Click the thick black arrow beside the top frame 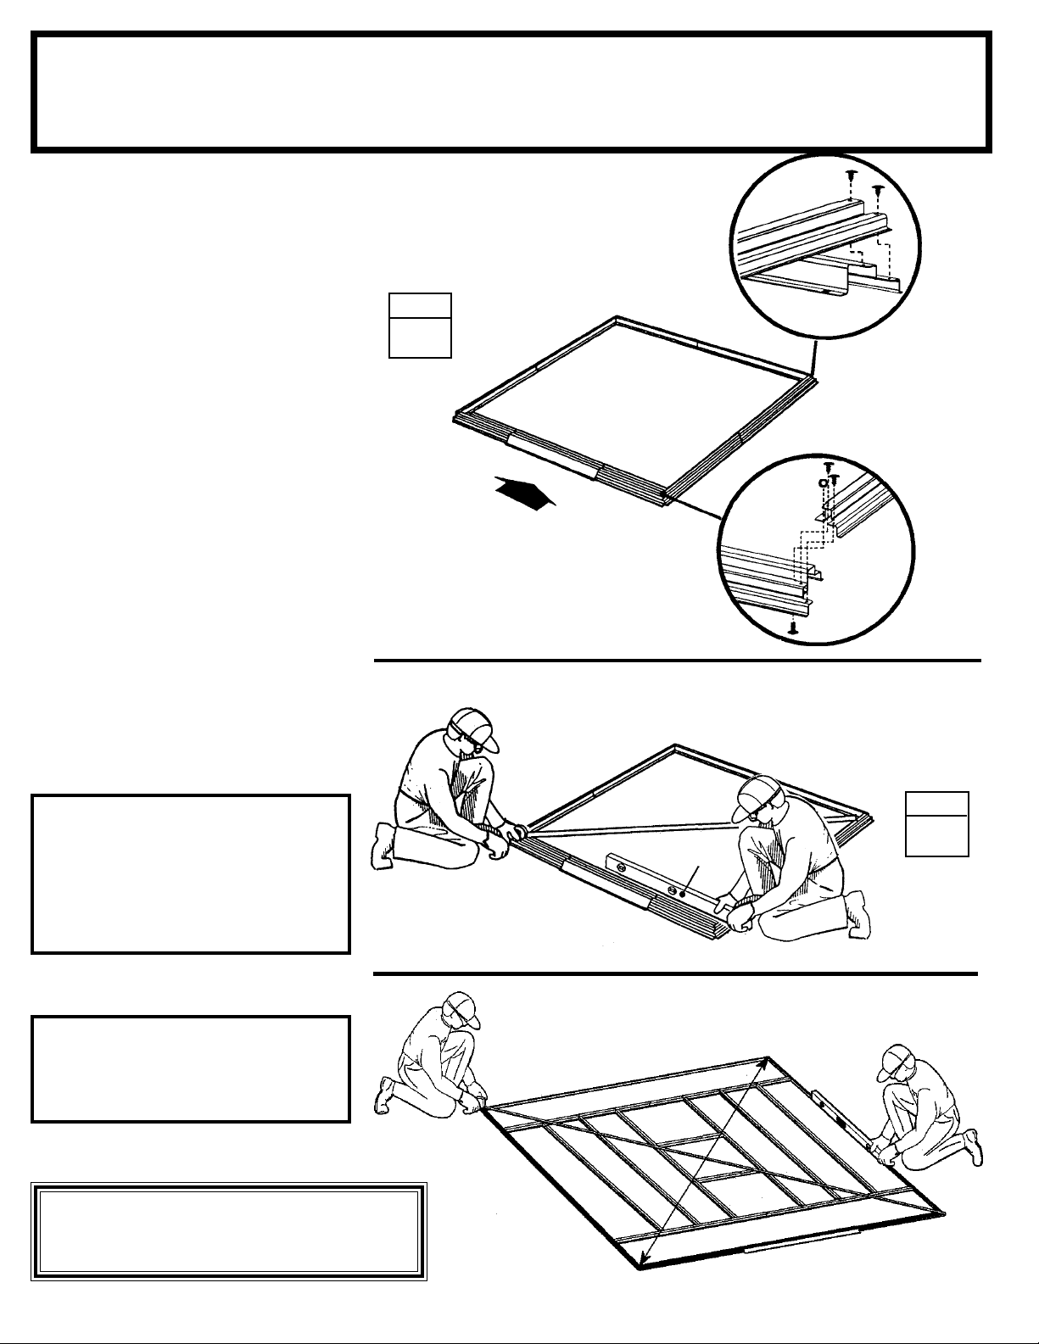pyautogui.click(x=524, y=494)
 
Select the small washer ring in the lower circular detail pyautogui.click(x=821, y=482)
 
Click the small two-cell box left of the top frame pyautogui.click(x=420, y=325)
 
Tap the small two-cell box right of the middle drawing pyautogui.click(x=936, y=823)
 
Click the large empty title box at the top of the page pyautogui.click(x=511, y=92)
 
